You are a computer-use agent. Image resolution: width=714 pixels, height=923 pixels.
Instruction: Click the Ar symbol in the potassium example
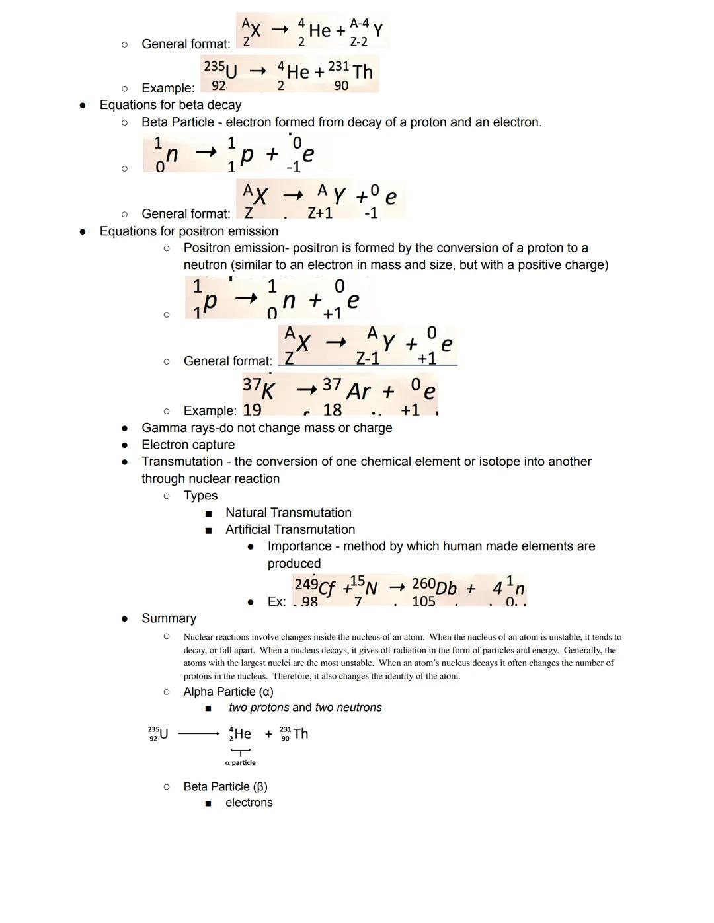(358, 392)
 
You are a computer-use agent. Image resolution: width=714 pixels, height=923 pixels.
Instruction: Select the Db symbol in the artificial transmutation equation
(446, 588)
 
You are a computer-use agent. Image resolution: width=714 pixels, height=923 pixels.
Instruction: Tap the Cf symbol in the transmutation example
(327, 588)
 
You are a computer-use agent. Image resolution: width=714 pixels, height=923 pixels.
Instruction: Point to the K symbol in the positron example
(268, 392)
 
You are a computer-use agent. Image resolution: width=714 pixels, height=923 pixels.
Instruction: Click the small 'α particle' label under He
(240, 762)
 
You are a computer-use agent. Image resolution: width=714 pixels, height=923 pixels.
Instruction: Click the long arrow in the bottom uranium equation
(198, 733)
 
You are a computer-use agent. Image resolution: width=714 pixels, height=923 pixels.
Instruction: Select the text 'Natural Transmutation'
(288, 513)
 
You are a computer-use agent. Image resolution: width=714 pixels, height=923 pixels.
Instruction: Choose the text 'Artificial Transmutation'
(290, 529)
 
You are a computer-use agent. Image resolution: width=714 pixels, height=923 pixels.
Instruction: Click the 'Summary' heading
(169, 618)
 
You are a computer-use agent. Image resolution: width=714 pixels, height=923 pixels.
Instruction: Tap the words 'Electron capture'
(188, 445)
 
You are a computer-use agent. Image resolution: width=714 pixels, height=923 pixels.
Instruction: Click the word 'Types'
(200, 496)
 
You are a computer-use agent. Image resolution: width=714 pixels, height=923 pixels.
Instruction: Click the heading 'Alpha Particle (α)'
(228, 692)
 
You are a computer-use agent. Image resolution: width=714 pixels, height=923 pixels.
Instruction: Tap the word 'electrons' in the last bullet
(249, 803)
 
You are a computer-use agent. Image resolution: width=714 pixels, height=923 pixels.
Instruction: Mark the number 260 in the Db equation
(423, 583)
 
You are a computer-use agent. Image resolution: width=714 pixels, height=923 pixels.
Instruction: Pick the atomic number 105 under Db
(423, 601)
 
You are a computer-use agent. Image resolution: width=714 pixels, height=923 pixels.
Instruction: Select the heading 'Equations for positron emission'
(188, 231)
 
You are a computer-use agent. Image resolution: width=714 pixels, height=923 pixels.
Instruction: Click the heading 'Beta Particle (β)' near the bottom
(225, 786)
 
